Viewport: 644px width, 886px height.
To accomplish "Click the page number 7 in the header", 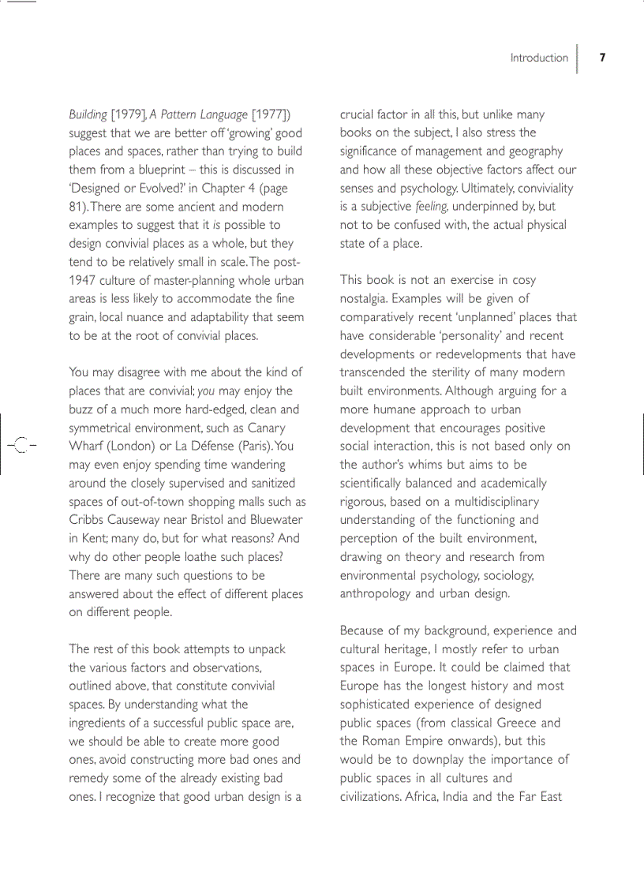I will point(602,58).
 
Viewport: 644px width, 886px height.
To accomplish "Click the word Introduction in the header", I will point(539,58).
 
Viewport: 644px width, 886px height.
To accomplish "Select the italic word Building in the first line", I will point(88,115).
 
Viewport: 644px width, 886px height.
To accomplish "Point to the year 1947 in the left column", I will point(83,281).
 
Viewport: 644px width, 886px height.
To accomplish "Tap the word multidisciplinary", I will point(491,501).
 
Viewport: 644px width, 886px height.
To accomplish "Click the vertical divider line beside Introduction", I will point(577,58).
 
